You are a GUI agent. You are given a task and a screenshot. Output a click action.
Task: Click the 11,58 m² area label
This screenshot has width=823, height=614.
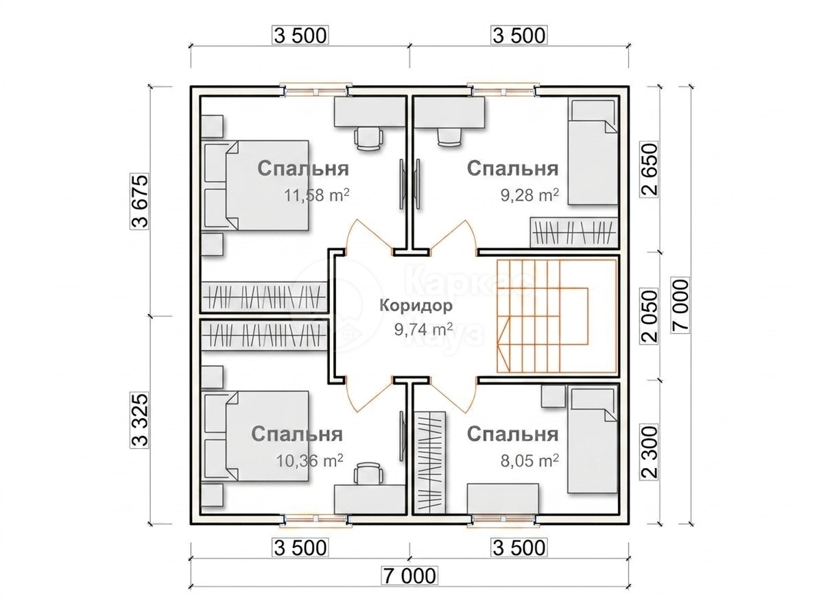(x=316, y=195)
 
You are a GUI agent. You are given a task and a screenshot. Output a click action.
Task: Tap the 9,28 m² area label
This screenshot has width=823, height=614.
(x=529, y=195)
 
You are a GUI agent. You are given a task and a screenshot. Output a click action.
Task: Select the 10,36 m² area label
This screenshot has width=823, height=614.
(x=310, y=460)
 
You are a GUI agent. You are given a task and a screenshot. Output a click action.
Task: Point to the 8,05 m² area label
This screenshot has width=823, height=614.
(x=529, y=460)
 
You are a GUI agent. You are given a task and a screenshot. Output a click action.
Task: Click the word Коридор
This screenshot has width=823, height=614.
(x=416, y=306)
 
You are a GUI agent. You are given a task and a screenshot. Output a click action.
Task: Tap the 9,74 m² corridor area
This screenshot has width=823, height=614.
(x=423, y=330)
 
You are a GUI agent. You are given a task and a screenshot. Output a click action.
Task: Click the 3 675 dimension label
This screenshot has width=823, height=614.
(x=139, y=201)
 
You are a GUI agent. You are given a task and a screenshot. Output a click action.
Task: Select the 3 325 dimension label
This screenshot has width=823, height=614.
(x=139, y=419)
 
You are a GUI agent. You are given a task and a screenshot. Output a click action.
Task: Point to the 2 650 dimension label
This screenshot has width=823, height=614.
(x=649, y=169)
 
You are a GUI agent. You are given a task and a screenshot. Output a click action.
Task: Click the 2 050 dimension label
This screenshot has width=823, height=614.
(x=649, y=317)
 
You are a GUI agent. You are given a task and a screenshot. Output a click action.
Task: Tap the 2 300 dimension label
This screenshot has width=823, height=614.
(x=649, y=452)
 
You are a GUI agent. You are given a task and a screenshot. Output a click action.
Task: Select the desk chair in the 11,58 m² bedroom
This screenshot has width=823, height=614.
(x=369, y=138)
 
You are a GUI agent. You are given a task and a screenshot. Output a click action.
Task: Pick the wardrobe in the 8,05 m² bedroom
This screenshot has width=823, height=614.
(x=430, y=462)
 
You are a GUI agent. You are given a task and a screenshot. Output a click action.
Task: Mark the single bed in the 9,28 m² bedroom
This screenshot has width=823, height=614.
(x=593, y=151)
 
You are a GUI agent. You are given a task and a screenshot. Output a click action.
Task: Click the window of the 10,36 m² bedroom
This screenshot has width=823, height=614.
(x=315, y=519)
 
